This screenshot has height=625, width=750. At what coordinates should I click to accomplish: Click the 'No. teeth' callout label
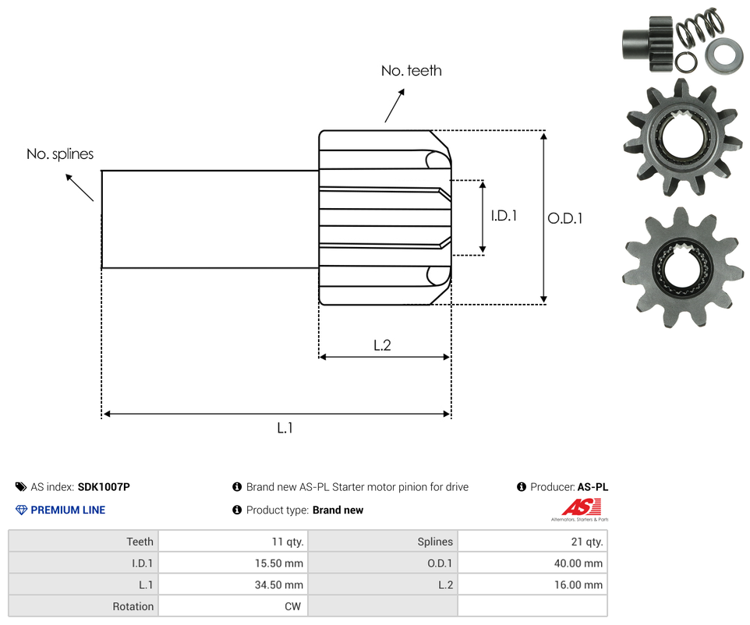(411, 71)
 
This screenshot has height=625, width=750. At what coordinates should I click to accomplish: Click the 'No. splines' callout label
(60, 154)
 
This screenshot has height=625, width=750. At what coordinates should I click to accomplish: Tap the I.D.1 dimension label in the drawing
(504, 216)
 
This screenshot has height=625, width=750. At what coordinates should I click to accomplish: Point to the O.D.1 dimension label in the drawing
(564, 219)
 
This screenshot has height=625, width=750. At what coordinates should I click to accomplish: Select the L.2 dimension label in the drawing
(382, 345)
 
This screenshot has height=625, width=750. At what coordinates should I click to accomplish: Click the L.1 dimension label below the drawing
(285, 428)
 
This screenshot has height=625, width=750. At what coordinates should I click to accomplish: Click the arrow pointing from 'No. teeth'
(395, 105)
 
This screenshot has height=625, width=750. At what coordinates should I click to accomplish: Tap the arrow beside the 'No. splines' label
(80, 188)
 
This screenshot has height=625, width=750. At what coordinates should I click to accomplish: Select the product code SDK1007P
(104, 487)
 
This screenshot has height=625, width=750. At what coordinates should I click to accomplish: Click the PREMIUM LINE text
(68, 510)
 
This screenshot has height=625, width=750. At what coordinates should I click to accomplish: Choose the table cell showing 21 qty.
(532, 542)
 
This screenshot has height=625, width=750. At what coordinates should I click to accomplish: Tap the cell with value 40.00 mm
(532, 563)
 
